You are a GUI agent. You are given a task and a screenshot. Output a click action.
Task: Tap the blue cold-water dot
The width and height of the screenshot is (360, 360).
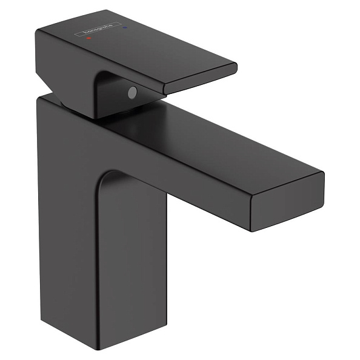(125, 27)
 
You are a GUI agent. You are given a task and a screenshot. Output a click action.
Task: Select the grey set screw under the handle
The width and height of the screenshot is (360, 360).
(132, 93)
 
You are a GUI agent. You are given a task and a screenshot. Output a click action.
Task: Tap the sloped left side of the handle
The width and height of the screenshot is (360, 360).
(61, 67)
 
